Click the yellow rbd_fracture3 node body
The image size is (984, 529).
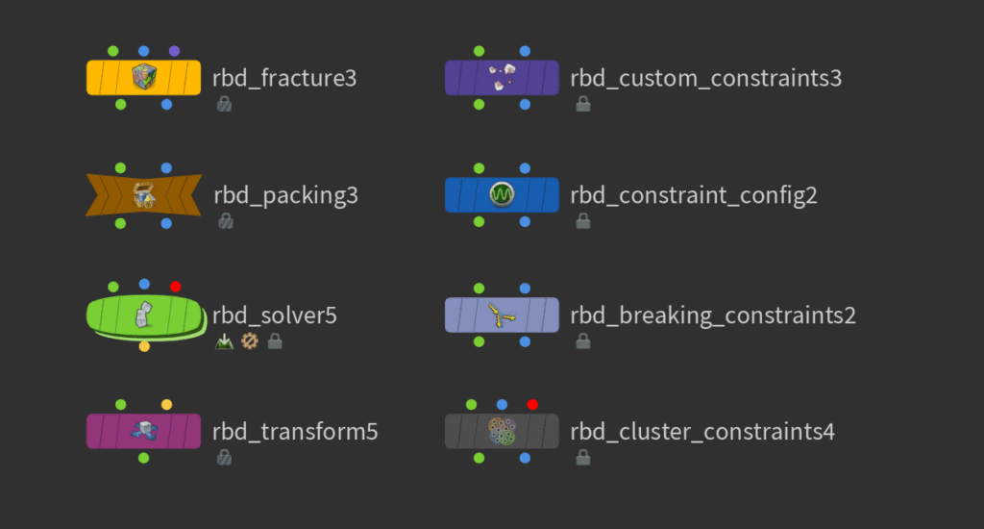[143, 77]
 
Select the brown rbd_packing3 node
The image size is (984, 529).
[143, 195]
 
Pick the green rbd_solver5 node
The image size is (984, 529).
[144, 314]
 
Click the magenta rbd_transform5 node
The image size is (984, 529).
[143, 431]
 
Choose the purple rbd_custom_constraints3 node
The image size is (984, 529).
[502, 77]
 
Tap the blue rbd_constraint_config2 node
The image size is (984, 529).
[502, 195]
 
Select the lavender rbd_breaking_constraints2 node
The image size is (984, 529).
[502, 314]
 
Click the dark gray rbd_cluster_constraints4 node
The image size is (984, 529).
[502, 431]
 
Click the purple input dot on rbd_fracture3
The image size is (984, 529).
[174, 50]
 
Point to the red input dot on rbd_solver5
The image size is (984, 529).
[175, 287]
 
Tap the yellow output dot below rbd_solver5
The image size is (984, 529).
[144, 346]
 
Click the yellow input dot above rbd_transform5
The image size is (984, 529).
[166, 405]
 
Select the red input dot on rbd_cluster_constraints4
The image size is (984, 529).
[532, 405]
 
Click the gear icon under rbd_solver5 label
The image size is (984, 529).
[250, 340]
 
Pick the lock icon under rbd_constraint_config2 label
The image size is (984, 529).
[582, 221]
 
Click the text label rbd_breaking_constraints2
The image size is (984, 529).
[712, 315]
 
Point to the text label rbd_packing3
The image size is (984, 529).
[285, 196]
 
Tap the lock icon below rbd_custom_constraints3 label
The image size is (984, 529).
[582, 104]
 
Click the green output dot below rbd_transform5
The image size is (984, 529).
[143, 458]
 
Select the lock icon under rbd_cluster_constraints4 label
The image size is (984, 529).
[582, 458]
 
